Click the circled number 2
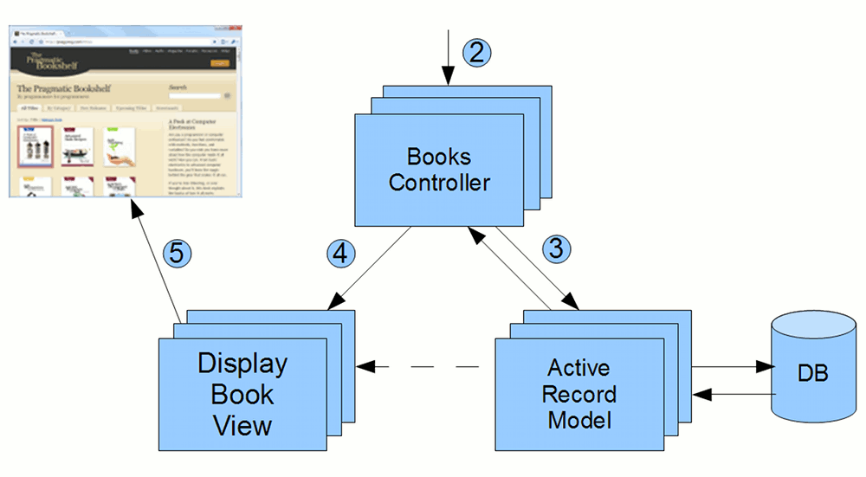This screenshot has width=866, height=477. click(476, 51)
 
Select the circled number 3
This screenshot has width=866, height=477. click(558, 249)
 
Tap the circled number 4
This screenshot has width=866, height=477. click(341, 254)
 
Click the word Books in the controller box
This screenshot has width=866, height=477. click(439, 158)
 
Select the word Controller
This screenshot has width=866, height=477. click(439, 183)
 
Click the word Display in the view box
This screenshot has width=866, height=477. click(242, 363)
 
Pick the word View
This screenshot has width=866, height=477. click(242, 425)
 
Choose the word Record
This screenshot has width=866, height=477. click(579, 395)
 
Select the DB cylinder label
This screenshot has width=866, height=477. click(811, 374)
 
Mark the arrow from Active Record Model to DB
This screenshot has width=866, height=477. click(732, 367)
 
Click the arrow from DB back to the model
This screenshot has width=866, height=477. click(732, 394)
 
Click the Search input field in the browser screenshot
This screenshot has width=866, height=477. click(195, 96)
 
